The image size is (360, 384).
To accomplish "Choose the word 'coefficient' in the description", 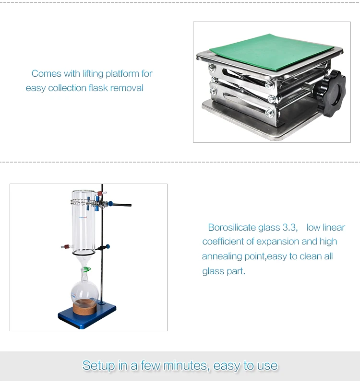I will tap(228, 241).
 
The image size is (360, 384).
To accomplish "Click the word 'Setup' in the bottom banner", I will tap(98, 365).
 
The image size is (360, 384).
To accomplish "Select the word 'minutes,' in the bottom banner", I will tap(186, 365).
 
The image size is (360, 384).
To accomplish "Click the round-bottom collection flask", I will tap(85, 291).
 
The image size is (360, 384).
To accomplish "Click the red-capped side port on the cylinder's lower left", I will tap(64, 247).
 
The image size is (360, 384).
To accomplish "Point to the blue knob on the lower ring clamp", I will tap(108, 247).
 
